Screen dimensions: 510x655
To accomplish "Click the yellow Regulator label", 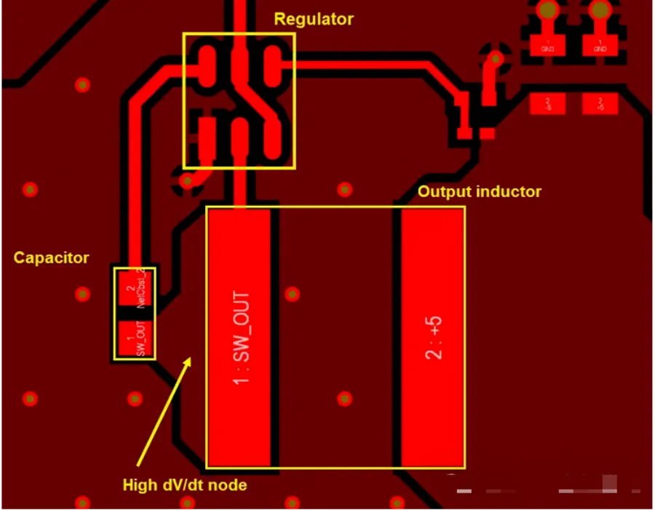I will coord(313,19).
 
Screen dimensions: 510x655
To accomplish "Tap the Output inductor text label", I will coord(479,192).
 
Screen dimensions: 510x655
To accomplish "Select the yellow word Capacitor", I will coord(52,258).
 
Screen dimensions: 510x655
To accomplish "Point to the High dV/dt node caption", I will coord(184,485).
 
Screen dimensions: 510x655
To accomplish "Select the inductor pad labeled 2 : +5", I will coord(433,337).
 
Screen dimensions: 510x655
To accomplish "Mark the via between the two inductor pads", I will coord(292,294).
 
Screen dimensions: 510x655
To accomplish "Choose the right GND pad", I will coord(600,47).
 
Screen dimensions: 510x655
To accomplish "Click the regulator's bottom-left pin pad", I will coord(206,137).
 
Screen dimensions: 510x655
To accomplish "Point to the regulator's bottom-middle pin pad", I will coord(239,137).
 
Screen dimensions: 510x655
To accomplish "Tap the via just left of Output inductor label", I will coord(345,189).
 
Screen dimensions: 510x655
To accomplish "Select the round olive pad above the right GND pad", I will coord(600,10).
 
